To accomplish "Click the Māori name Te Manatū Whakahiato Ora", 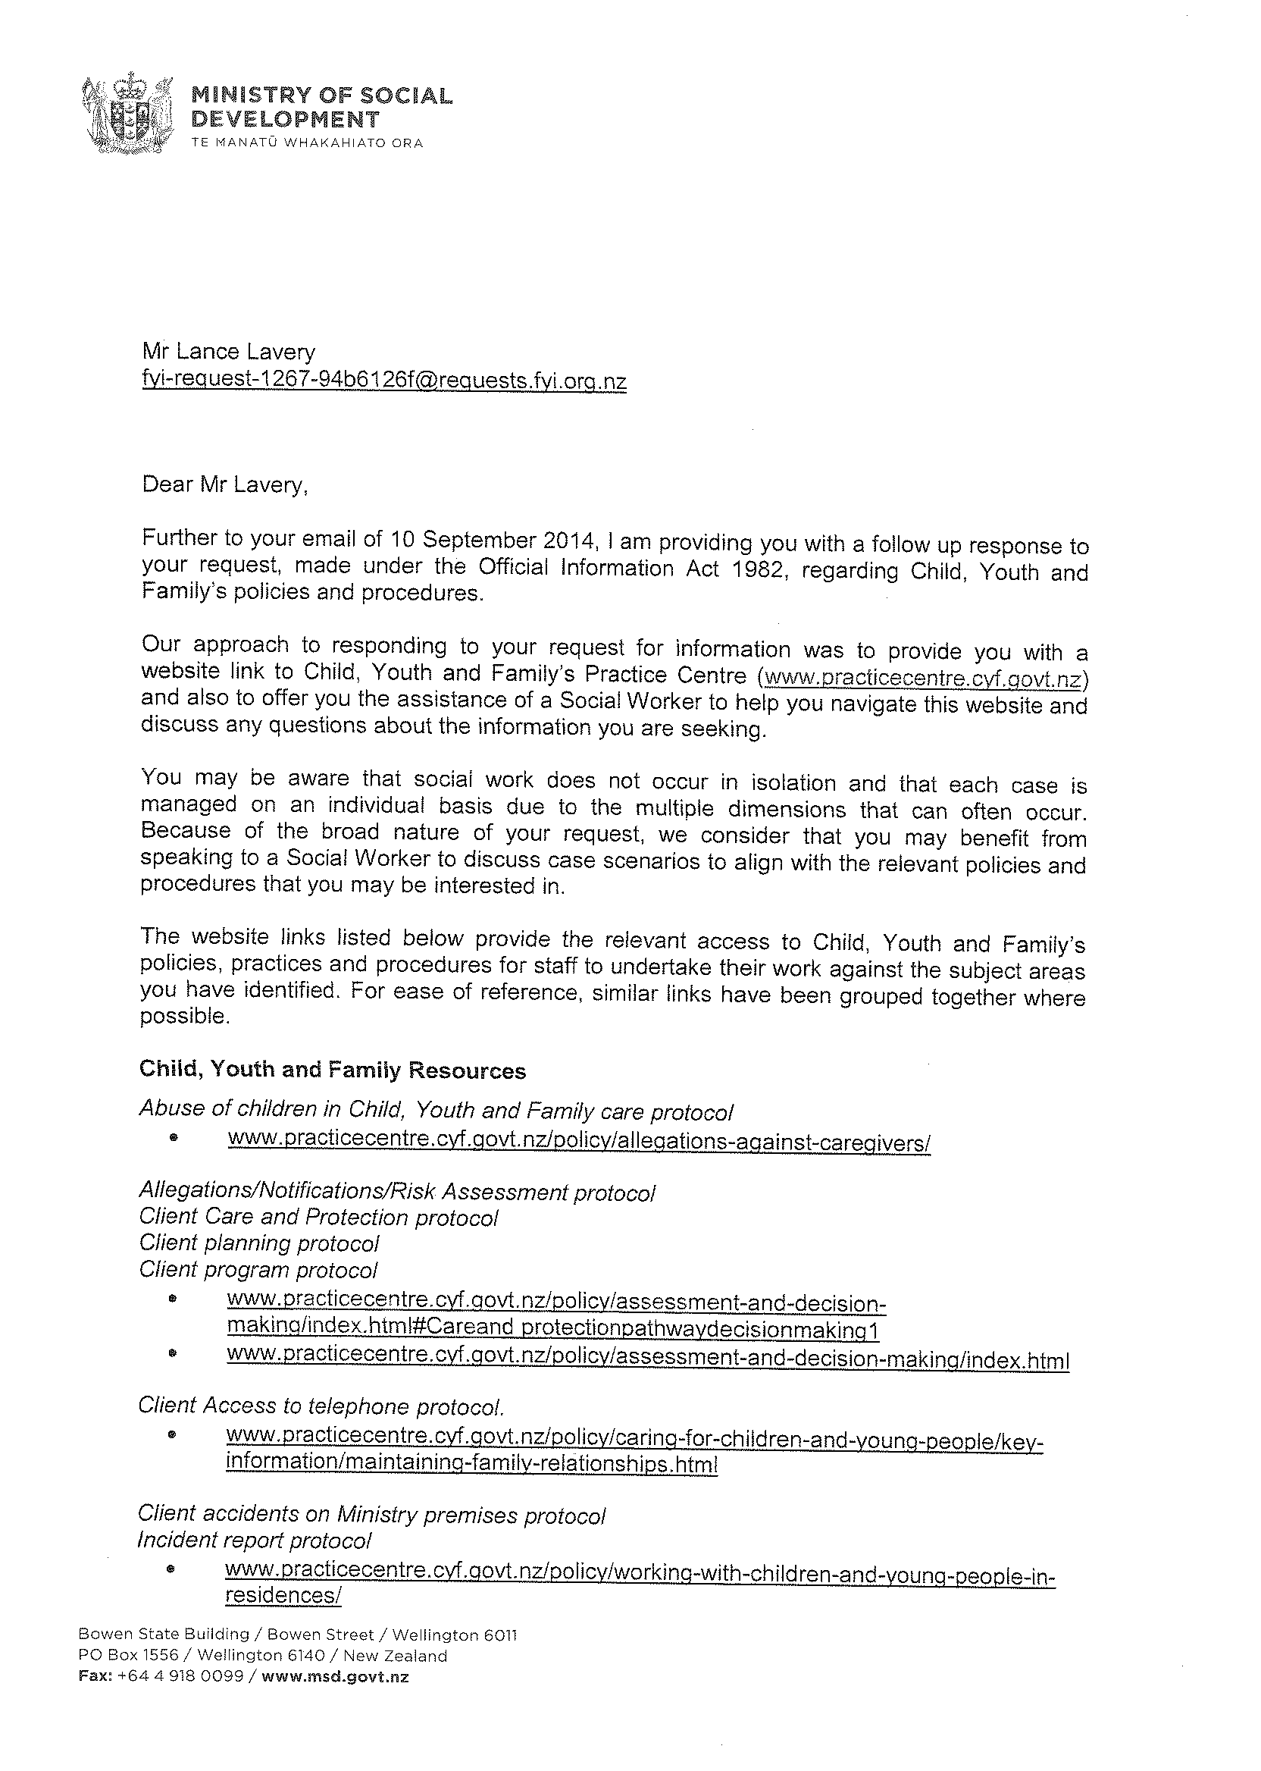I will point(307,143).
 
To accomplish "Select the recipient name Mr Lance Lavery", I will point(228,352).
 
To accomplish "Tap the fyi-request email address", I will point(383,381).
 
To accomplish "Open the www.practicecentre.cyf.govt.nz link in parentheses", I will point(923,678).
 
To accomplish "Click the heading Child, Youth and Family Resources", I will point(333,1070).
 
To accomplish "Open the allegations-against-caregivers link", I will point(578,1141).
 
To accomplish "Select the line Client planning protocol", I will point(258,1243).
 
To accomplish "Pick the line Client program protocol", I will point(258,1269).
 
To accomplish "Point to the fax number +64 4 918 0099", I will point(178,1676).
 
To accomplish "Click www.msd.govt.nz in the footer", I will point(335,1676).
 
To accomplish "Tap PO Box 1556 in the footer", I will point(127,1655).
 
